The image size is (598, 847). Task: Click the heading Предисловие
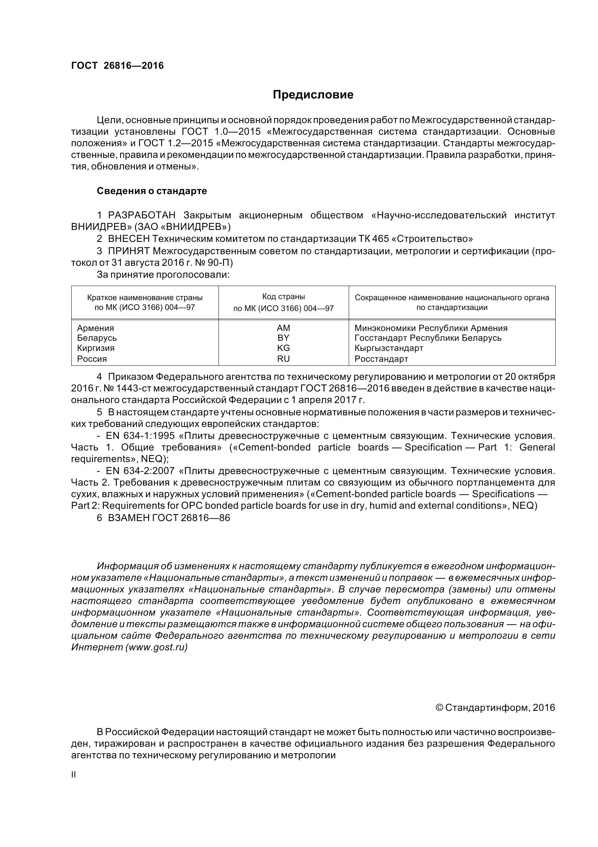(x=313, y=95)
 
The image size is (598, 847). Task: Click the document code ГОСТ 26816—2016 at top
(x=117, y=66)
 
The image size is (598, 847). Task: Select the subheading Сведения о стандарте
(x=152, y=191)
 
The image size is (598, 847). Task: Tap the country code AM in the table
(x=283, y=328)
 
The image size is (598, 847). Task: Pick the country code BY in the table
(x=283, y=338)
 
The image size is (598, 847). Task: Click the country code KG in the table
(x=283, y=348)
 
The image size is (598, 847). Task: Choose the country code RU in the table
(x=283, y=358)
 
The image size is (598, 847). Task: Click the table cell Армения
(x=96, y=328)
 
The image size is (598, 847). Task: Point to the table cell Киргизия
(x=96, y=348)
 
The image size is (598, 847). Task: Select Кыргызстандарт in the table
(x=389, y=348)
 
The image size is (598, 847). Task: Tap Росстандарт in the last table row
(x=381, y=358)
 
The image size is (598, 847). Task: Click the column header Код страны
(x=283, y=297)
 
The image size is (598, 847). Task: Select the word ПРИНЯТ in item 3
(x=128, y=251)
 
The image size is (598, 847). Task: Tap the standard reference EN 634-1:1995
(x=140, y=436)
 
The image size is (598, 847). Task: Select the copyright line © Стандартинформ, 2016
(x=495, y=708)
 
